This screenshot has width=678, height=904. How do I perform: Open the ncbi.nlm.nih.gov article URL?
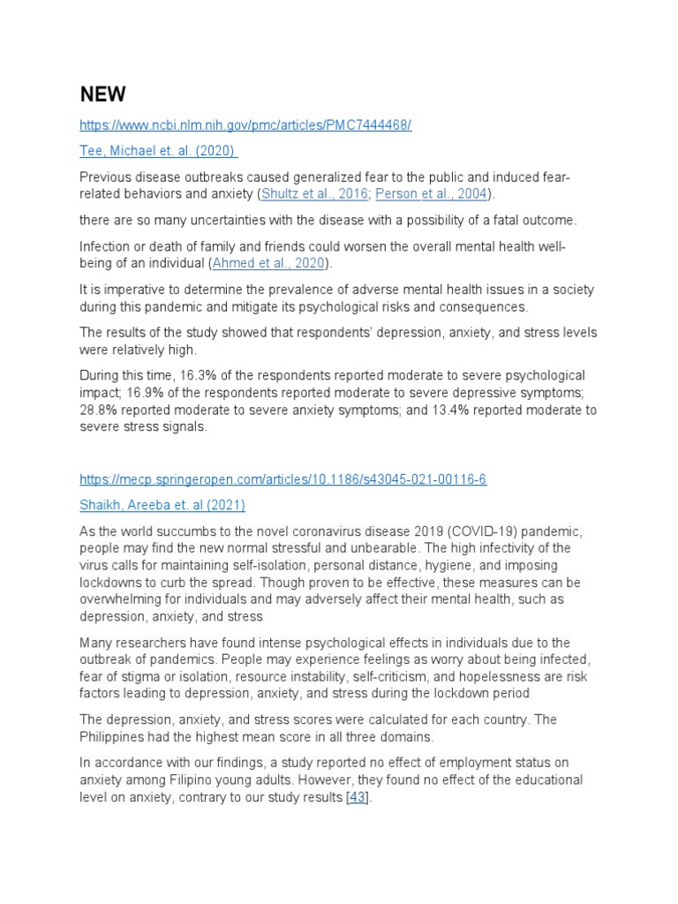[x=245, y=125]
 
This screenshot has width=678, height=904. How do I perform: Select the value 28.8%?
[x=98, y=410]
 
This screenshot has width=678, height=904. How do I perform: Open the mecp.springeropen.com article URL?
[x=282, y=479]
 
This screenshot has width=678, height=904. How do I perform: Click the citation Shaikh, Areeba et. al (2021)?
[x=162, y=505]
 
